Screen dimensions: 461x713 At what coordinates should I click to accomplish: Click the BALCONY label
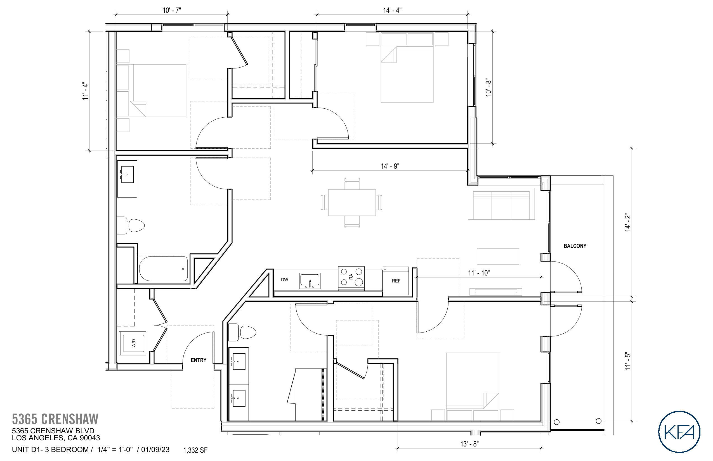[575, 246]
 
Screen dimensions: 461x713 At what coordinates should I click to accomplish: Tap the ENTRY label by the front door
[198, 360]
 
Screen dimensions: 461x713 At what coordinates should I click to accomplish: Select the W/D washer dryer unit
[133, 343]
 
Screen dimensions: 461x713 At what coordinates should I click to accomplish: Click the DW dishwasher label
[284, 280]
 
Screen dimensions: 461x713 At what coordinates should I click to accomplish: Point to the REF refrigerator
[396, 281]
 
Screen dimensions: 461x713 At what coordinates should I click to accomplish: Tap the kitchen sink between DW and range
[310, 281]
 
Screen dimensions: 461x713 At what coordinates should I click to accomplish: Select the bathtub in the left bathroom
[164, 268]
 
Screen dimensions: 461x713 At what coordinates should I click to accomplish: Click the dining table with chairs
[352, 203]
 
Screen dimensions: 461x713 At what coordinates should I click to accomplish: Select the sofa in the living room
[501, 204]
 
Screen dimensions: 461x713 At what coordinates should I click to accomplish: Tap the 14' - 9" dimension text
[390, 166]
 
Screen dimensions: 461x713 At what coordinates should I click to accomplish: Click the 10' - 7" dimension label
[172, 11]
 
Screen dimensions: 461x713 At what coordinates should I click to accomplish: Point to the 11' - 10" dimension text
[479, 273]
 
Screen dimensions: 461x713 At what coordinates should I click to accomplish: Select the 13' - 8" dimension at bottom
[469, 444]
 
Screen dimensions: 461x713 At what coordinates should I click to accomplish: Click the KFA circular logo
[679, 432]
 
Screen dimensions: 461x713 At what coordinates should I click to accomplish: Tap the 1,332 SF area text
[195, 450]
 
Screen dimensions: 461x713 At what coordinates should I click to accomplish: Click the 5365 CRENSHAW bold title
[55, 419]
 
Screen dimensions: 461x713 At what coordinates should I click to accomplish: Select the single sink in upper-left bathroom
[127, 175]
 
